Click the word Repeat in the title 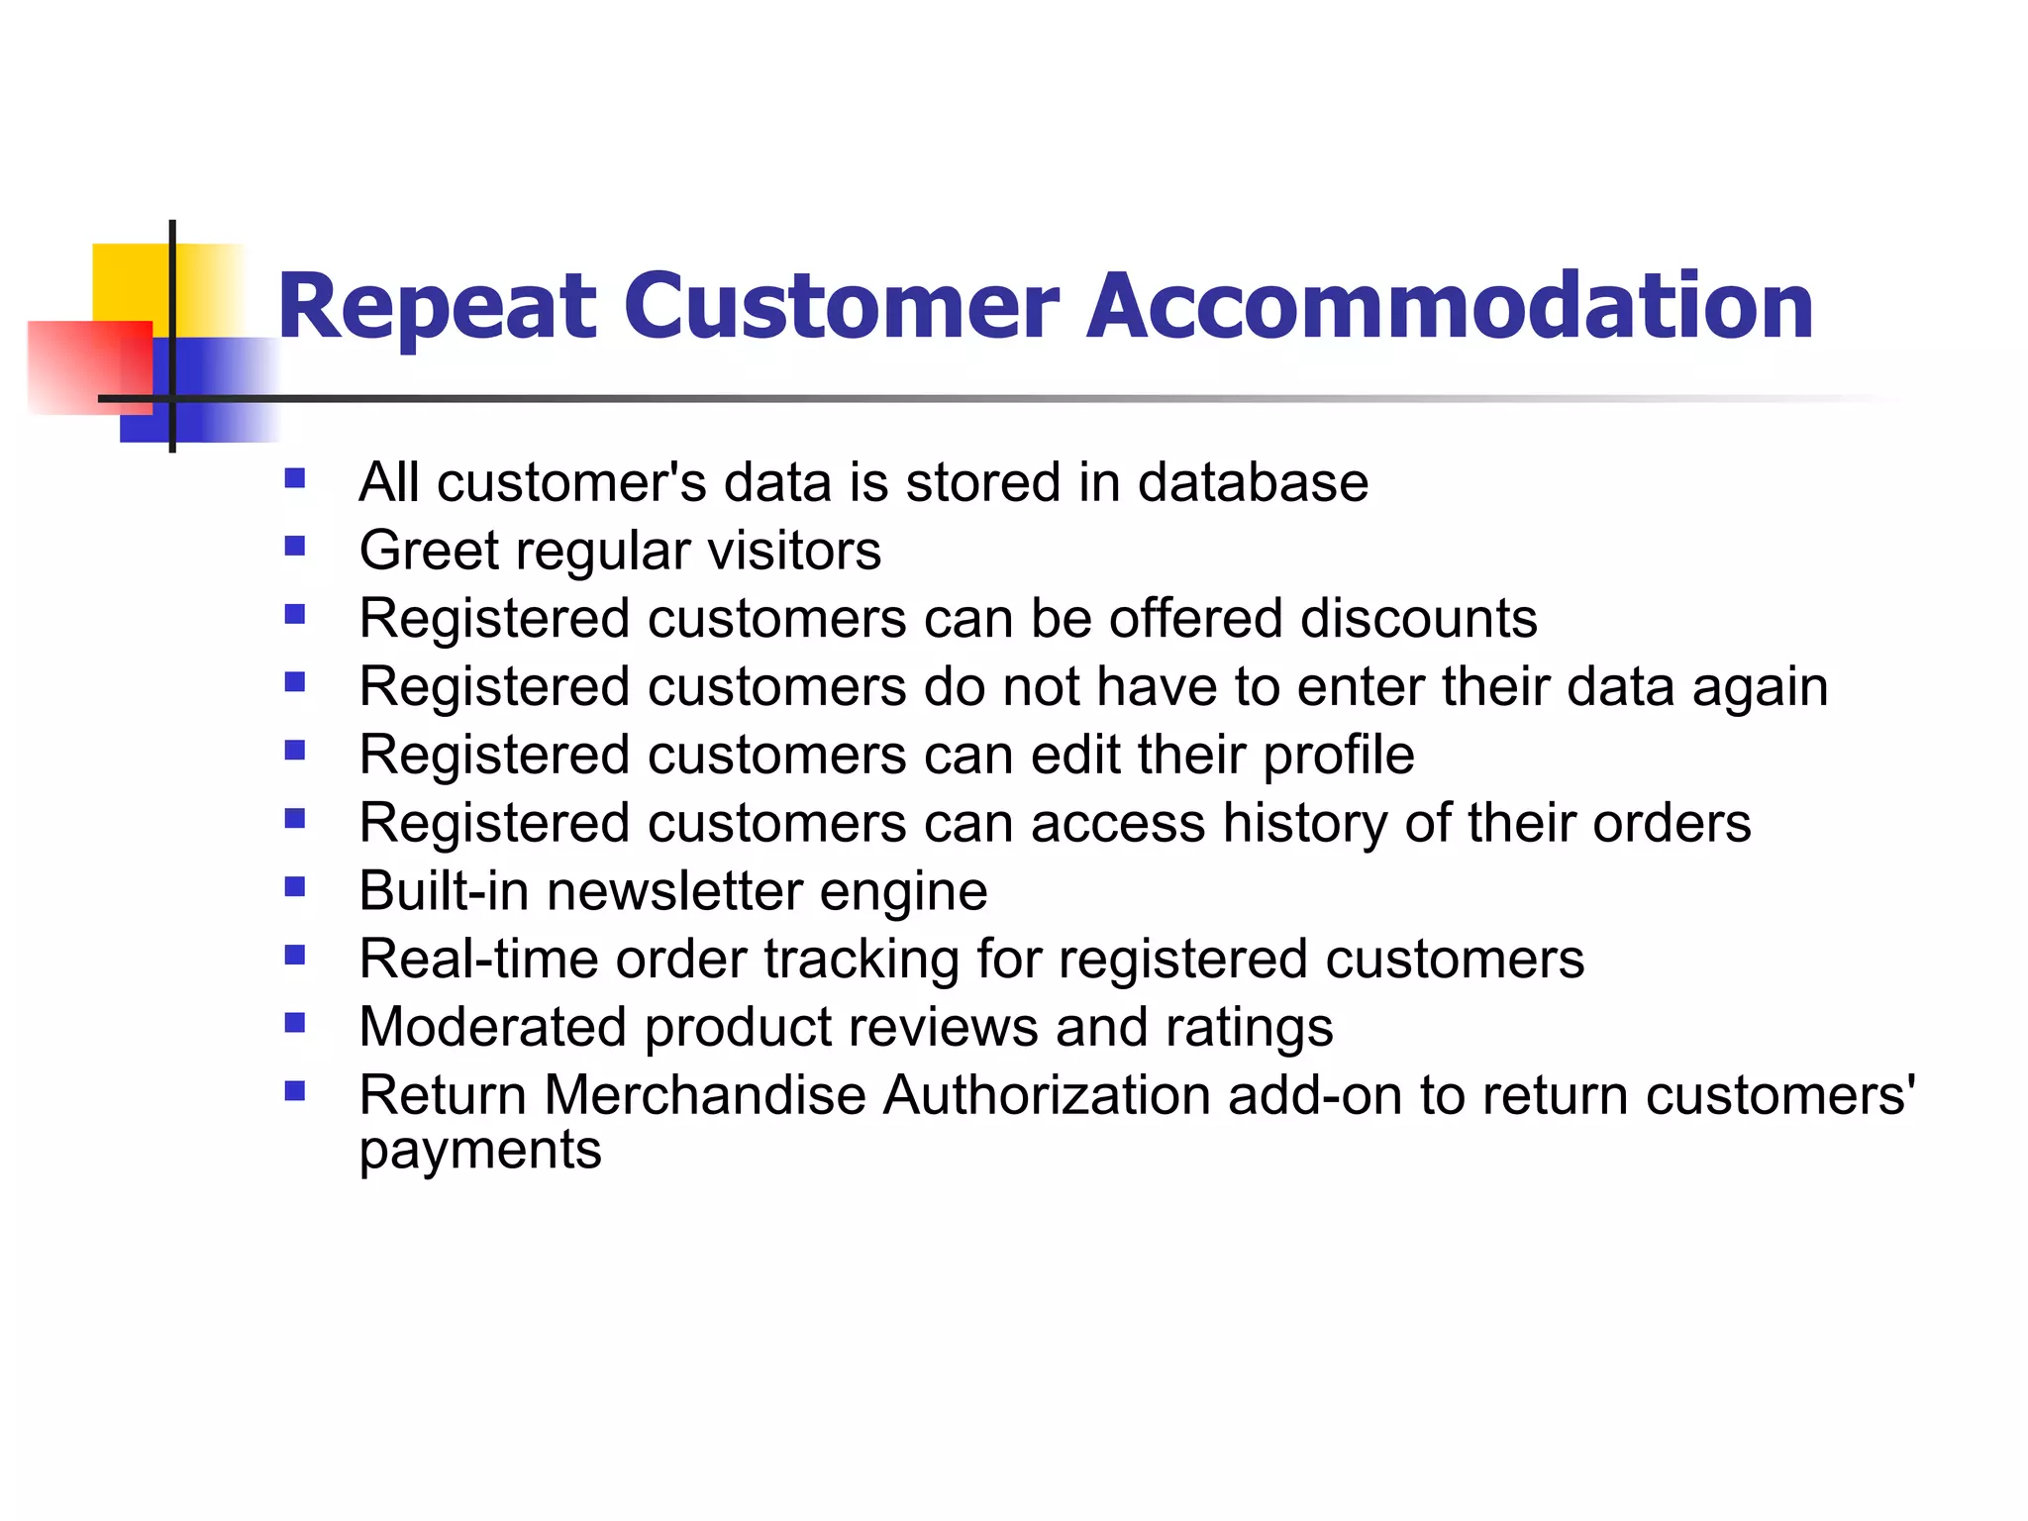coord(437,307)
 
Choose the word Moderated coord(493,1027)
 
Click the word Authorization coord(1047,1095)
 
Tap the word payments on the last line coord(480,1151)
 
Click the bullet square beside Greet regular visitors coord(294,547)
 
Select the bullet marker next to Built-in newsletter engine coord(294,886)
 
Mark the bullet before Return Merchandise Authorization coord(294,1091)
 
